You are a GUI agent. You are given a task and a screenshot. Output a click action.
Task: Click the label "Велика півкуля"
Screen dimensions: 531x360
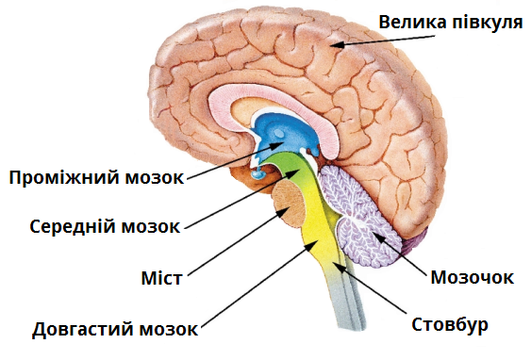click(450, 21)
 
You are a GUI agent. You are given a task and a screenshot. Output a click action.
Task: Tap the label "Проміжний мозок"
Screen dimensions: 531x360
click(94, 176)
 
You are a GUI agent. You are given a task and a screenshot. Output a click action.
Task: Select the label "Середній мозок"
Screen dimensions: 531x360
click(104, 227)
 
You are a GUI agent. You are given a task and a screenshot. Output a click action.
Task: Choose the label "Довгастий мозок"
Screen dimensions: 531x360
click(114, 330)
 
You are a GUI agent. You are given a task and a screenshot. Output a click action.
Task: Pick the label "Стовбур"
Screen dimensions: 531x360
click(449, 326)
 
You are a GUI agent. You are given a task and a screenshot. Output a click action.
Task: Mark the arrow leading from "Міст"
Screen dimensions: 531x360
click(231, 244)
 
